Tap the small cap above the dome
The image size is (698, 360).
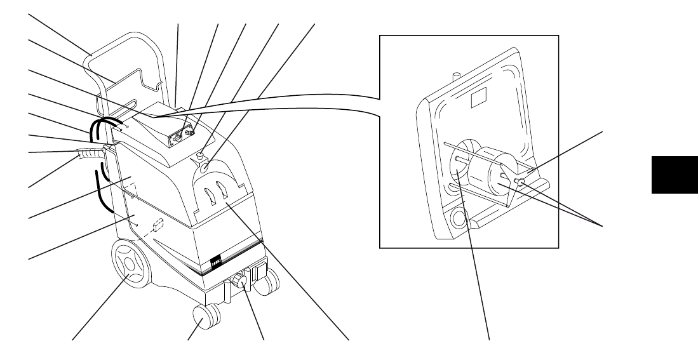(200, 154)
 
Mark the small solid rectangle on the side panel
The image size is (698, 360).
(158, 225)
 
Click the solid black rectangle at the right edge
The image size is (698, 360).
(673, 174)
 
